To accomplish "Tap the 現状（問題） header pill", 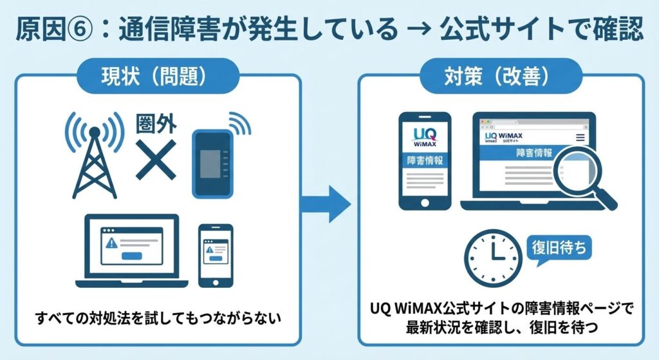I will tap(154, 77).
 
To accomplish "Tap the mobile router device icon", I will tap(211, 162).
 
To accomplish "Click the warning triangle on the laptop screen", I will tap(111, 243).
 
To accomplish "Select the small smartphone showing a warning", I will tap(216, 256).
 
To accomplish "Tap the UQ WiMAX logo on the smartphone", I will tap(425, 137).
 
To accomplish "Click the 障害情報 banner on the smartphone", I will tap(425, 161).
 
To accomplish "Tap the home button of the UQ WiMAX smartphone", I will tap(425, 200).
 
